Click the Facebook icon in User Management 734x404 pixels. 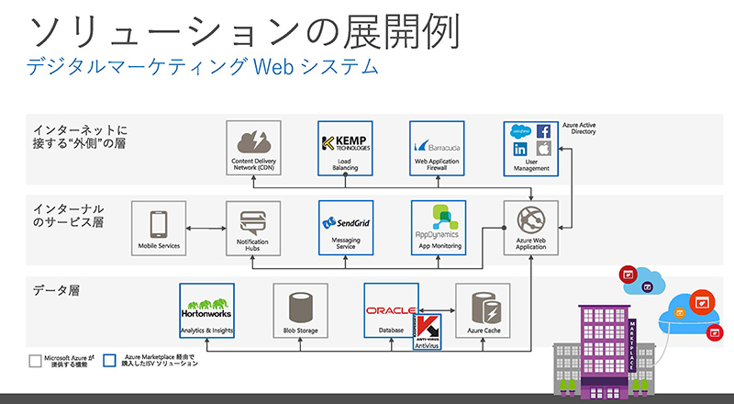(543, 131)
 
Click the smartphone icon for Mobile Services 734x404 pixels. (157, 223)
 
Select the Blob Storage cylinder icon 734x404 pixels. (300, 305)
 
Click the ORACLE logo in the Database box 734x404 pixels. (391, 311)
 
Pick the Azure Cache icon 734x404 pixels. (484, 305)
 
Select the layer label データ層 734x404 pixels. (56, 290)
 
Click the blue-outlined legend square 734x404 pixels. (109, 360)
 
